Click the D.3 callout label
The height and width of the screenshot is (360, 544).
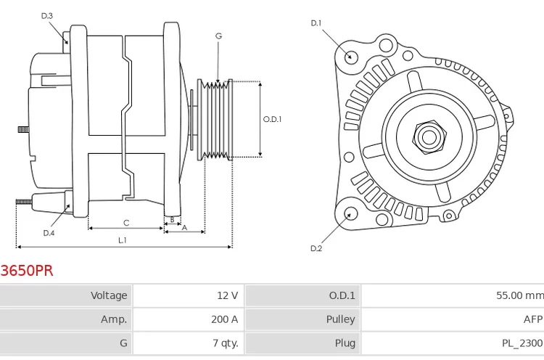point(47,15)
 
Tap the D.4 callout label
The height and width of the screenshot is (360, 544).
point(49,233)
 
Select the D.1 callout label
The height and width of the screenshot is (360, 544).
point(316,23)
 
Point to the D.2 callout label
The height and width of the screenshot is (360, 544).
point(316,248)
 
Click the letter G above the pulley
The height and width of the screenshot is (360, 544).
point(218,36)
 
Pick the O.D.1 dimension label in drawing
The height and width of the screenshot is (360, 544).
point(272,119)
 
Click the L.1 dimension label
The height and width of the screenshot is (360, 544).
point(123,240)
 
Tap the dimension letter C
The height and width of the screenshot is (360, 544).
point(125,223)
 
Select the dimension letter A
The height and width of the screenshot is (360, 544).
point(184,228)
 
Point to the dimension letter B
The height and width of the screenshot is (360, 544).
point(172,218)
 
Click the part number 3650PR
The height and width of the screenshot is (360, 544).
point(27,271)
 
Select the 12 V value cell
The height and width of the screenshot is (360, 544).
point(227,295)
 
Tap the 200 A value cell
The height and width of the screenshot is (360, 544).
point(224,319)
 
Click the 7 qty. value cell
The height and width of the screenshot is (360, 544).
point(223,343)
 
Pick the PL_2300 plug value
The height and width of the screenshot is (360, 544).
point(522,343)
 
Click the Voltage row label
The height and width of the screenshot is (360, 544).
point(108,295)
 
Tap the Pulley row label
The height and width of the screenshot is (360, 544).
point(340,319)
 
